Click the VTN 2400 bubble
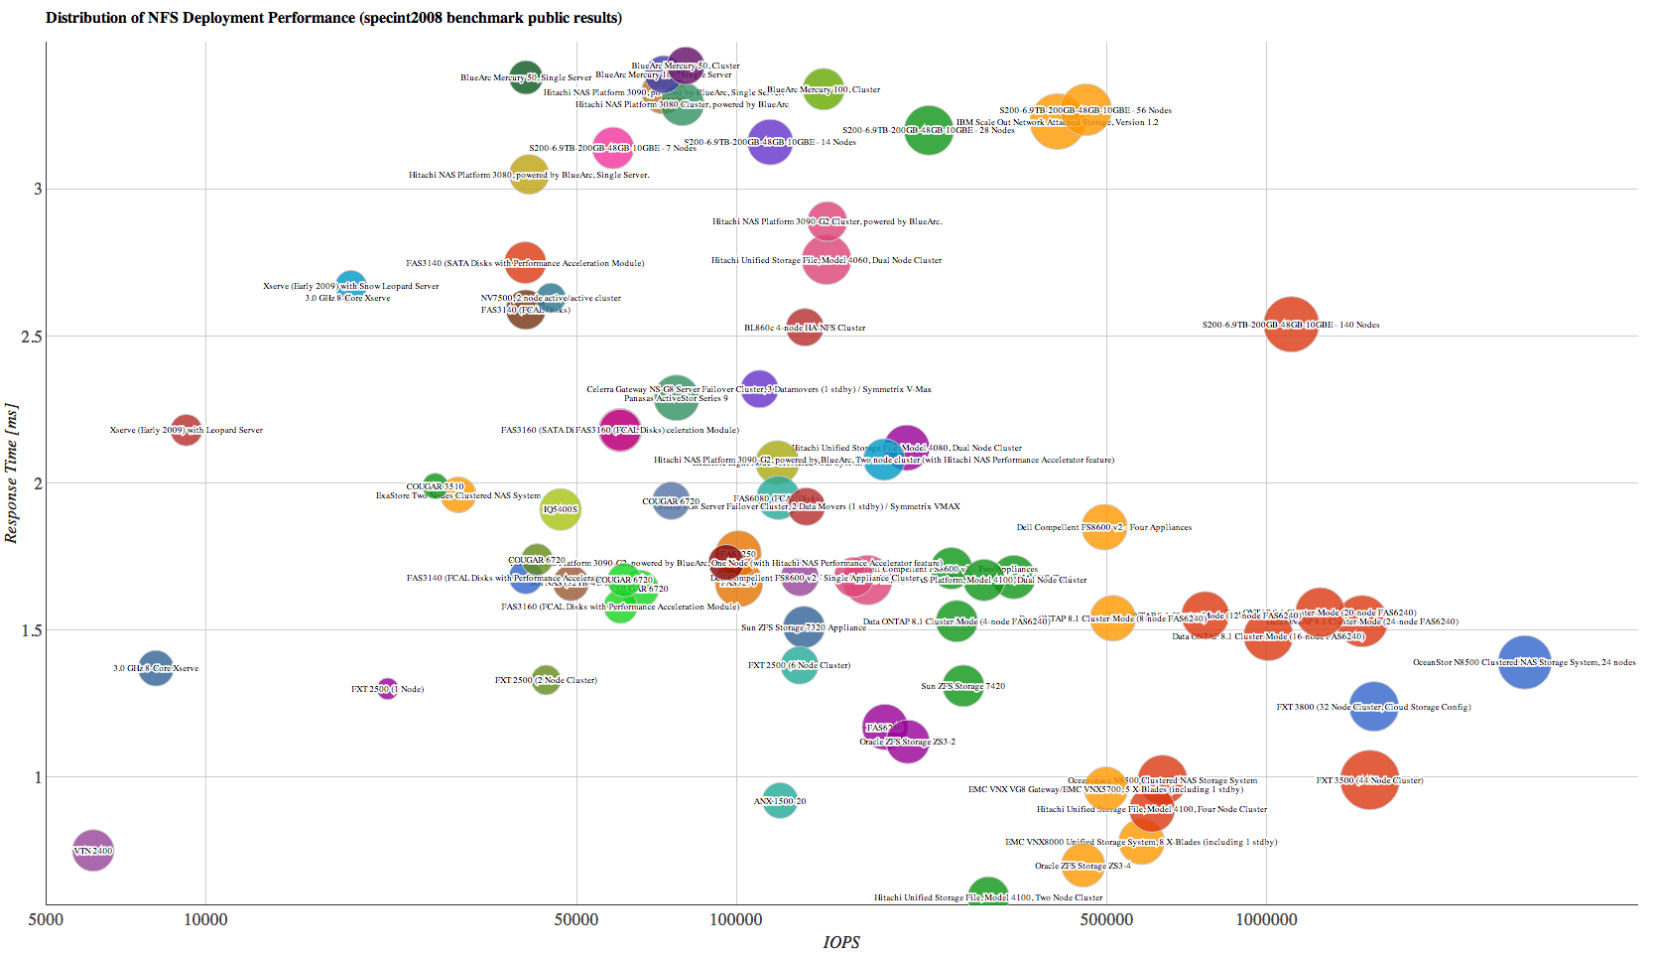92,850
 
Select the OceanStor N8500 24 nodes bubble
1524,662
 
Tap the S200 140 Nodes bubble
1291,325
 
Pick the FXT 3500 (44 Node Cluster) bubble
1369,780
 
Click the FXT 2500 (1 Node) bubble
387,689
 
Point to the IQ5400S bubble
561,509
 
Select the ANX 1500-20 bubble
780,800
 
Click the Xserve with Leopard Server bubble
186,430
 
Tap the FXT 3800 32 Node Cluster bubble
1373,707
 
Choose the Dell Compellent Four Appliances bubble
1103,527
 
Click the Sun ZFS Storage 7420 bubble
962,686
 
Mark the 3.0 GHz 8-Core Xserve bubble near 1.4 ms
156,668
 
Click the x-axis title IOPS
841,942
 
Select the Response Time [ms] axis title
12,474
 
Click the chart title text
333,18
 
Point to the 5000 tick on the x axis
46,919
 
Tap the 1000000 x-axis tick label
1266,919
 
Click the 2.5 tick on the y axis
32,337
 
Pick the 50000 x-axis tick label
575,919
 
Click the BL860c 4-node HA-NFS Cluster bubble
805,328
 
